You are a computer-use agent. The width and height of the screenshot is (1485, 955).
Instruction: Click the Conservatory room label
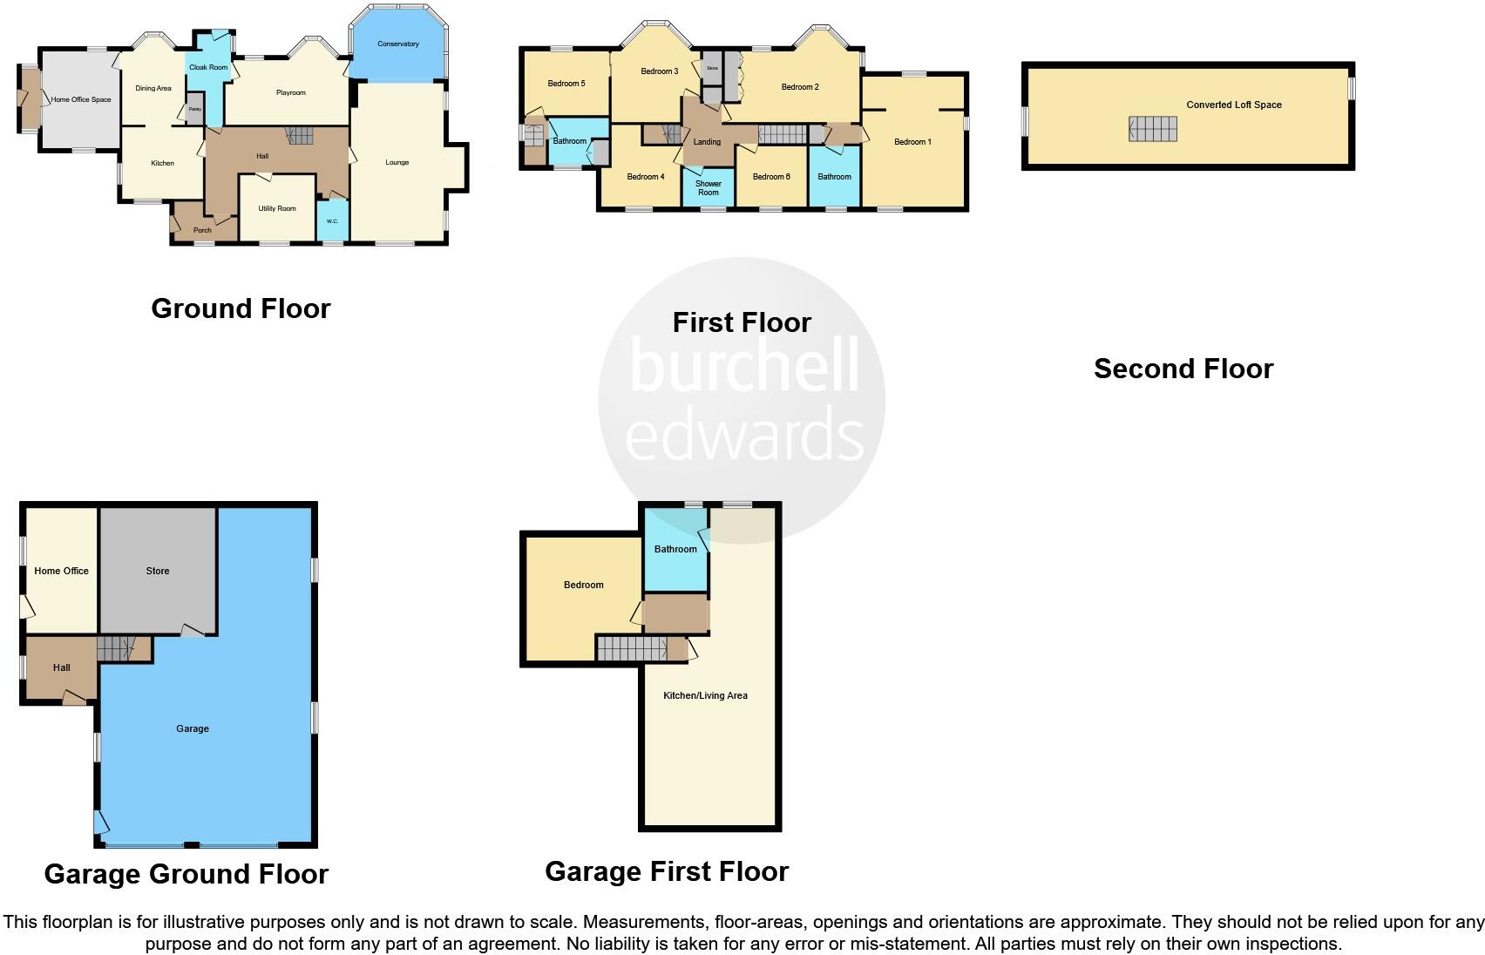click(x=397, y=44)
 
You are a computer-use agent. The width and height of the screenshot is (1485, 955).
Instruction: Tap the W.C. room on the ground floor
click(x=332, y=221)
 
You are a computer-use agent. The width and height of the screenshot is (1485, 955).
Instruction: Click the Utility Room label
click(x=277, y=209)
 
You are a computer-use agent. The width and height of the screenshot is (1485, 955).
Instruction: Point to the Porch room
click(x=202, y=230)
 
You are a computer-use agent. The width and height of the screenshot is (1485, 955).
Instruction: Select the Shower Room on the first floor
click(x=708, y=187)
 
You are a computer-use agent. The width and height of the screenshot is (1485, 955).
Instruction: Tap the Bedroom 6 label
click(x=770, y=177)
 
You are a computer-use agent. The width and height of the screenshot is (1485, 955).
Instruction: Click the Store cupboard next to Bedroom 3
click(x=712, y=69)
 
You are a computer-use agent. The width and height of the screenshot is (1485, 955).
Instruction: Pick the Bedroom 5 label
click(x=566, y=84)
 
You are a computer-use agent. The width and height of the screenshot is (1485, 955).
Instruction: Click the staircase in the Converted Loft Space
click(x=1153, y=129)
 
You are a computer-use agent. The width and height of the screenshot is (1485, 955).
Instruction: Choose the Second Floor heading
click(x=1183, y=369)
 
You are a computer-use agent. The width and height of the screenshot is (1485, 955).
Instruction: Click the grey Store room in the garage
click(x=158, y=571)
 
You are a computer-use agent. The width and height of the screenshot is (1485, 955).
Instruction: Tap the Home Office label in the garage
click(x=61, y=571)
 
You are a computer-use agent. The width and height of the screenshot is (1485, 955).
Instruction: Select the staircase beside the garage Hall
click(x=116, y=648)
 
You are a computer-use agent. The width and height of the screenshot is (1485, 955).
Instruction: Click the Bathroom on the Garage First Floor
click(x=675, y=549)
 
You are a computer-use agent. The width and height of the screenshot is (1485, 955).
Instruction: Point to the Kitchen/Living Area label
click(x=705, y=695)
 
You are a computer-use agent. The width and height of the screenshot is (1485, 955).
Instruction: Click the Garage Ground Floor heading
click(x=186, y=874)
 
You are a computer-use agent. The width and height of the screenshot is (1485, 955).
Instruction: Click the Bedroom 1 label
click(x=912, y=142)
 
